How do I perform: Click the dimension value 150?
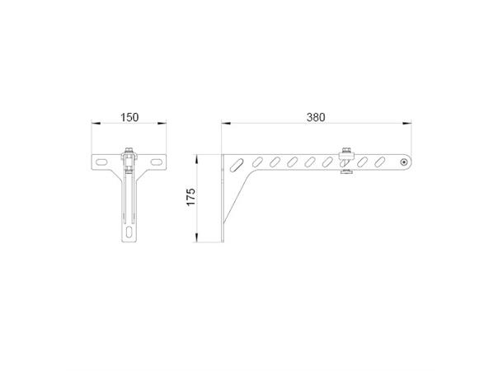pyautogui.click(x=129, y=117)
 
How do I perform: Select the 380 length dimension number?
pyautogui.click(x=316, y=117)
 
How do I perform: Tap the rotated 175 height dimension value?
pyautogui.click(x=190, y=198)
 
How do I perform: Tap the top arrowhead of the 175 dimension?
pyautogui.click(x=196, y=157)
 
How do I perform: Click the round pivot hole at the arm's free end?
pyautogui.click(x=403, y=162)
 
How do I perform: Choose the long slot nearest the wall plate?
pyautogui.click(x=238, y=165)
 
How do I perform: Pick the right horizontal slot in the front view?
pyautogui.click(x=154, y=162)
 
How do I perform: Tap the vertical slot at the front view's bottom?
pyautogui.click(x=129, y=232)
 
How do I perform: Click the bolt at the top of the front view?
pyautogui.click(x=129, y=153)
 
